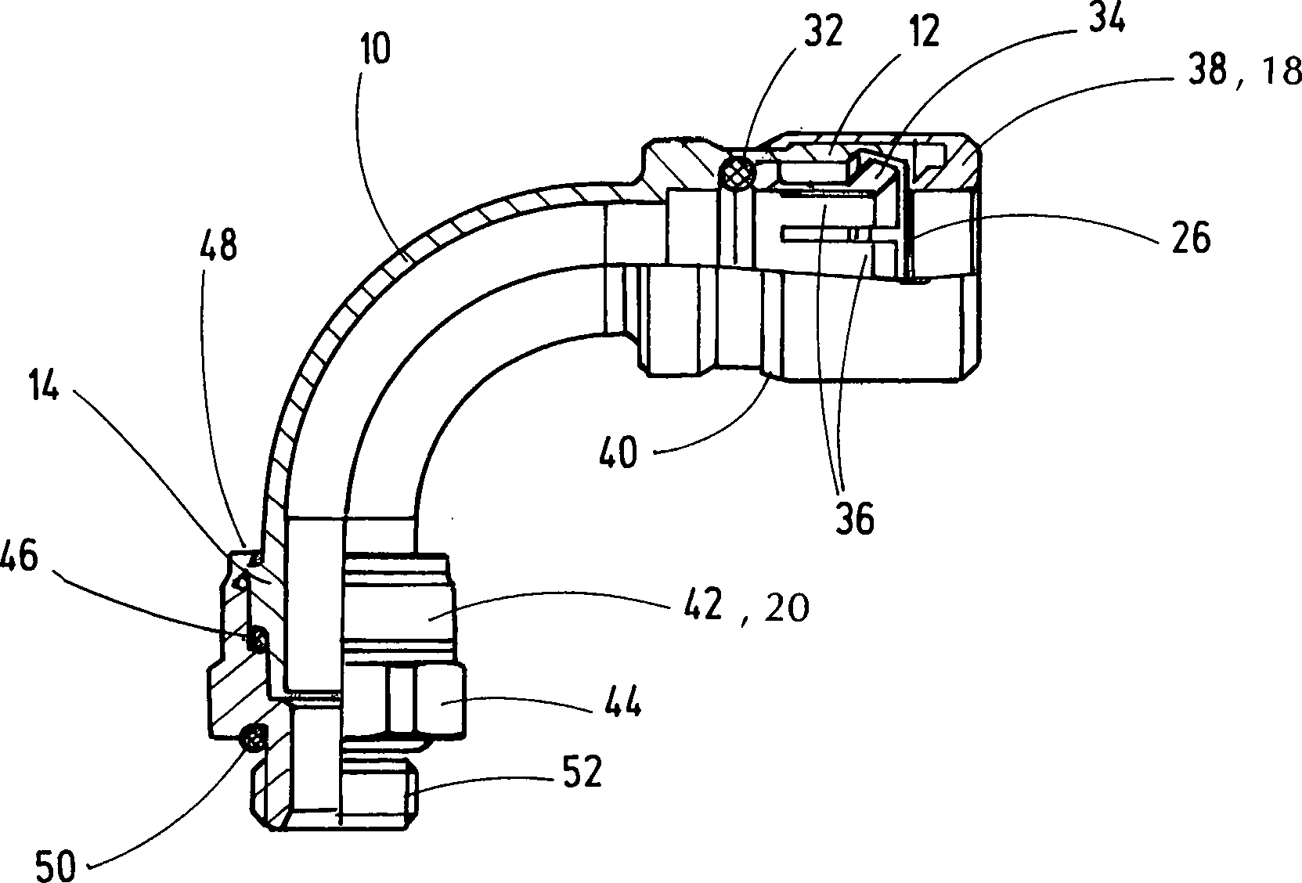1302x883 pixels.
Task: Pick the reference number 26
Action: click(1191, 237)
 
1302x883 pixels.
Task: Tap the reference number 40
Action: click(619, 452)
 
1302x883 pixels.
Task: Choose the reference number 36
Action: click(854, 518)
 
